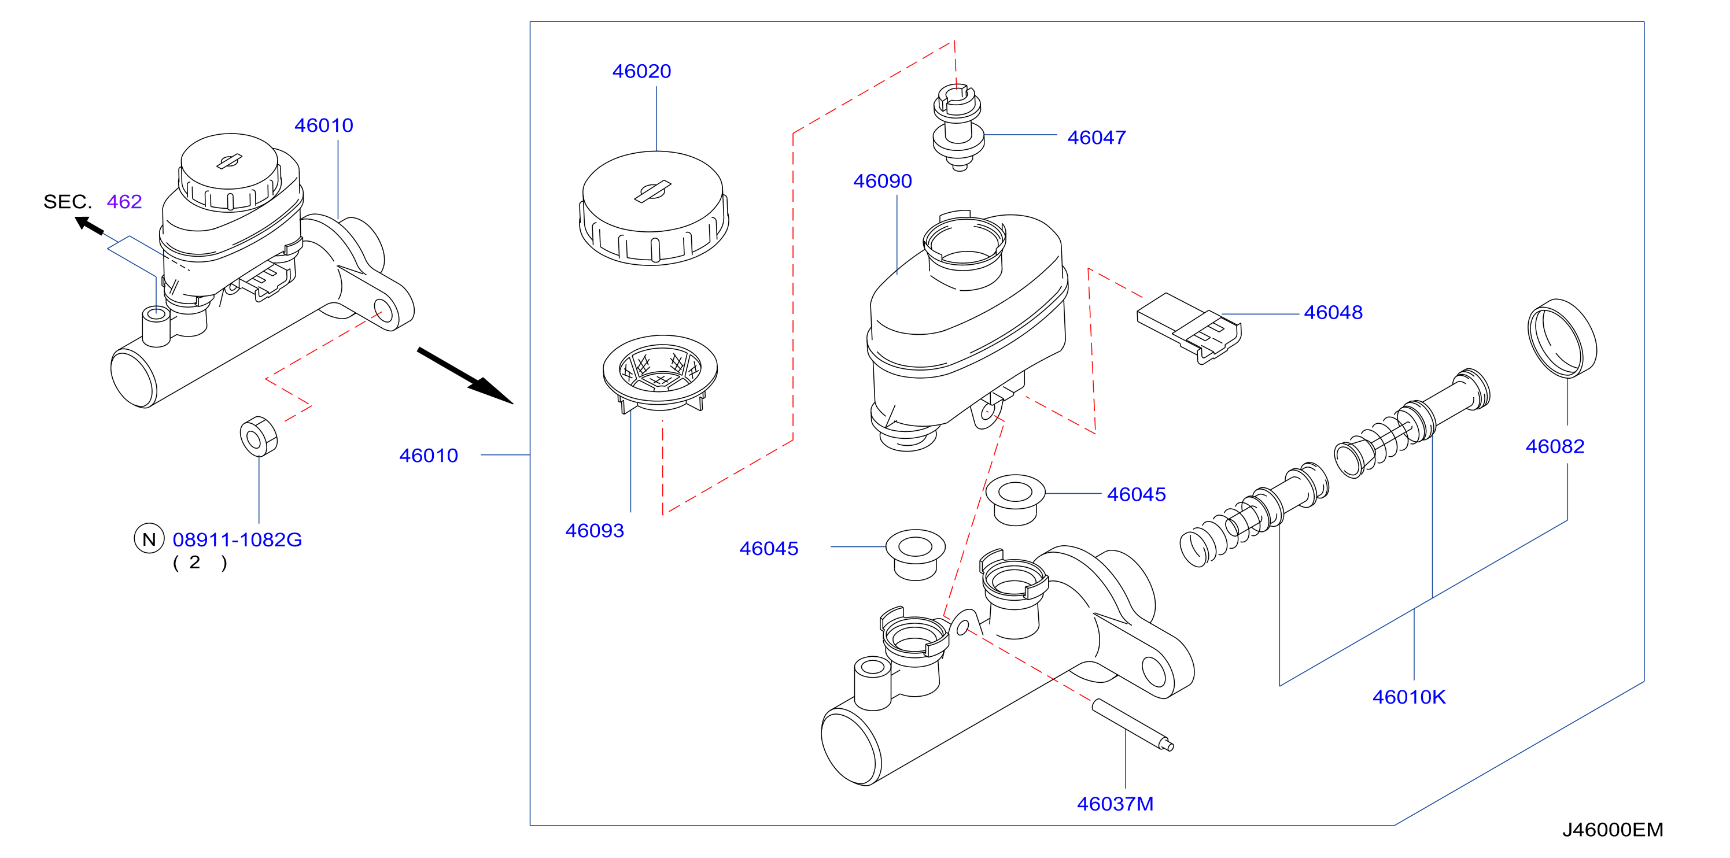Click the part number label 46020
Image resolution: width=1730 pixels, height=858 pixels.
(641, 71)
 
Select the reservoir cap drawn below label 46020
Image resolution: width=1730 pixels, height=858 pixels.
(654, 208)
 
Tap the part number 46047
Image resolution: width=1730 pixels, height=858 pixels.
(1097, 138)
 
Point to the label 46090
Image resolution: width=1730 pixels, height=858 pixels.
(883, 182)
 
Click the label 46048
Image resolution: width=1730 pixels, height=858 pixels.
(1333, 313)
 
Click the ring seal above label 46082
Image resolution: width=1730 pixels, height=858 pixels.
(1562, 338)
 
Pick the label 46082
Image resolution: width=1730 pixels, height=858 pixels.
(1555, 446)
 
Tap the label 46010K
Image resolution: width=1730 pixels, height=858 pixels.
(1409, 697)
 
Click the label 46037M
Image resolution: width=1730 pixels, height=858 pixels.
(1115, 804)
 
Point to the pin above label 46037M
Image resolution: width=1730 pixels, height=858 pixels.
(1133, 724)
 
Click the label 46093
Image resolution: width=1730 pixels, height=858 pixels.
(595, 531)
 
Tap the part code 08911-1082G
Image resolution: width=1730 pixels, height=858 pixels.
(237, 540)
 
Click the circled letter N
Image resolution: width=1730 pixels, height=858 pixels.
(149, 539)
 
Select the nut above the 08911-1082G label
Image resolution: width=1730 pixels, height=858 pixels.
(259, 437)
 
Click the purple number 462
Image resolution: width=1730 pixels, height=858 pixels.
(124, 201)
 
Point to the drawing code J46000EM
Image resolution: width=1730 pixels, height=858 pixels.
(1613, 830)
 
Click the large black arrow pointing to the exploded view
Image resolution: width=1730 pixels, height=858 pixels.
(466, 376)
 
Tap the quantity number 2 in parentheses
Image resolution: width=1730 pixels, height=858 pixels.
(195, 563)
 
